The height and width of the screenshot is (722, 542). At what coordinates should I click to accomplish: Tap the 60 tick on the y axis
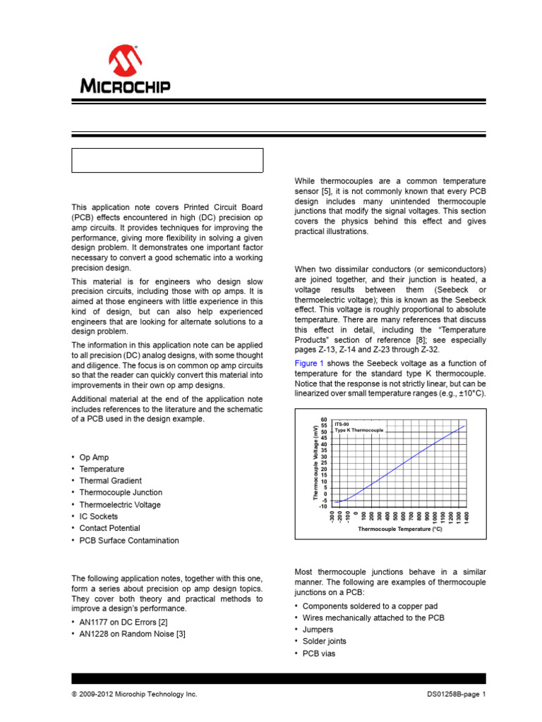click(324, 420)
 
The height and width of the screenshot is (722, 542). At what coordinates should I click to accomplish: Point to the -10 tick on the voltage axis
click(323, 506)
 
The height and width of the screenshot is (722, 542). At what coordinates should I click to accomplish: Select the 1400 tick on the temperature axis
click(466, 518)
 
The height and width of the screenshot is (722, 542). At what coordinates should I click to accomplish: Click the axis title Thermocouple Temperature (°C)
click(400, 528)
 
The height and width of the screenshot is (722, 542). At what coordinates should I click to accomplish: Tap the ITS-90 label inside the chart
click(342, 424)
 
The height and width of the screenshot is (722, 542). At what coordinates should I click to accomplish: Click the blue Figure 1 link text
click(309, 362)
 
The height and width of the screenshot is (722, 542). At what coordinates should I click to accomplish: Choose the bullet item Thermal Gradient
click(111, 481)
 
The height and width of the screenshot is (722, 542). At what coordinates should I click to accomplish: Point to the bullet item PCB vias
click(319, 654)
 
